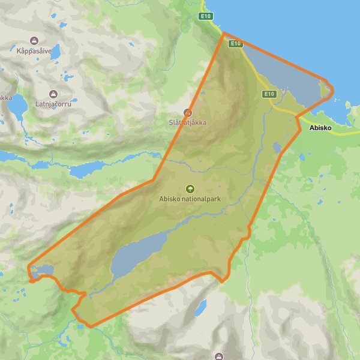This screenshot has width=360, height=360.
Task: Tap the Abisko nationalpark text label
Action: (190, 199)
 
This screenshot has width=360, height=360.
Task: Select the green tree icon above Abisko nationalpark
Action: (190, 188)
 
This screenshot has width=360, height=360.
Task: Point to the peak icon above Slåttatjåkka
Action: (188, 112)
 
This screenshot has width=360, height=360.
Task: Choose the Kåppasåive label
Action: (34, 51)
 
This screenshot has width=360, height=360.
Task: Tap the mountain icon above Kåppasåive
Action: (34, 41)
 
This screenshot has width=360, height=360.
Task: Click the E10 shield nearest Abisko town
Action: (268, 94)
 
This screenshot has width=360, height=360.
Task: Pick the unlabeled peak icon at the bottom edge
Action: (220, 356)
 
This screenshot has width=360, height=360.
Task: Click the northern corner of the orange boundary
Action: (224, 34)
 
